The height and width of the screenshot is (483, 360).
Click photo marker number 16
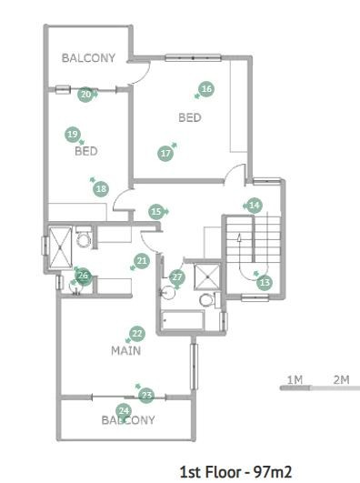[x=206, y=89]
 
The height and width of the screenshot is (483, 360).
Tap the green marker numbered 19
[x=73, y=135]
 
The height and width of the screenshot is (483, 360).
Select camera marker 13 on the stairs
[x=265, y=283]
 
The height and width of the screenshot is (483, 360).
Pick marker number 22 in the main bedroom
[x=137, y=334]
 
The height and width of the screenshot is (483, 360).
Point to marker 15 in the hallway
[x=156, y=212]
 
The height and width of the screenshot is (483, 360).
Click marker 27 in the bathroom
[x=177, y=277]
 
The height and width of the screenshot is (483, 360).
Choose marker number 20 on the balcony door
[x=85, y=95]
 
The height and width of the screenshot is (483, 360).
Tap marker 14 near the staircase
[x=255, y=206]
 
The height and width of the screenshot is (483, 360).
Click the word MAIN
[x=126, y=350]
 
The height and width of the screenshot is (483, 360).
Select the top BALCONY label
[x=88, y=58]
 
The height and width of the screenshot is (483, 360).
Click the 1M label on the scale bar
[x=295, y=380]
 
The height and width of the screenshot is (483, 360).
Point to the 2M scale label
[x=341, y=380]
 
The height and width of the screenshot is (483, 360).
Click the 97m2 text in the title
[x=273, y=471]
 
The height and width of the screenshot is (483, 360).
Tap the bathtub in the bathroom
[x=183, y=320]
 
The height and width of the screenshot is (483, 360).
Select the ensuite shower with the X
[x=60, y=248]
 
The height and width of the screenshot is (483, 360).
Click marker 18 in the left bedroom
[x=101, y=188]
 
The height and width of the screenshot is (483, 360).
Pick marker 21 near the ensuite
[x=142, y=261]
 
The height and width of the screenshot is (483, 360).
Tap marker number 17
[x=165, y=154]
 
